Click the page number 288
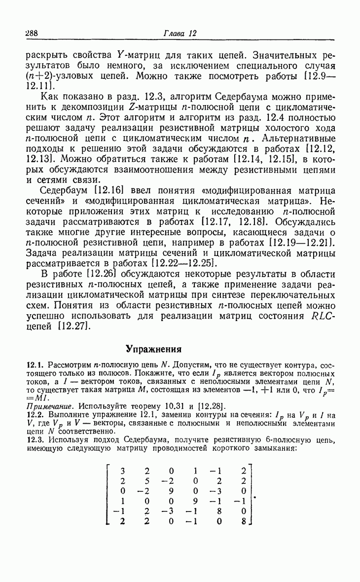pos(32,34)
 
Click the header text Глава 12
pos(180,34)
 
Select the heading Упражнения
pos(153,349)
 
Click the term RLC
pos(324,316)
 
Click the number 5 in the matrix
pos(147,481)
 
